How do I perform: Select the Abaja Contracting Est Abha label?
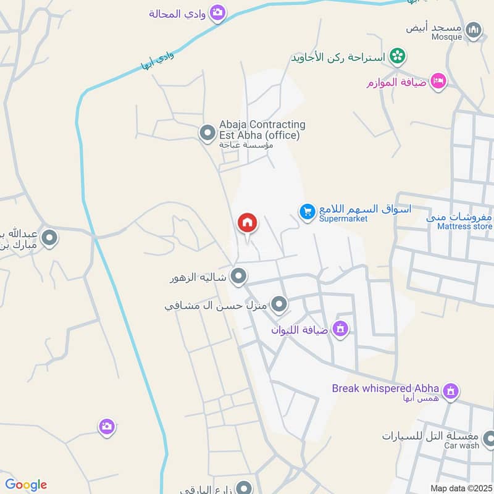pos(262,130)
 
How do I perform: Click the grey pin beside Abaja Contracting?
pos(206,133)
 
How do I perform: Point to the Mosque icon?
pos(473,30)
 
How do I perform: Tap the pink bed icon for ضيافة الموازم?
pos(438,81)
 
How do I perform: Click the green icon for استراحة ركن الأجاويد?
pos(398,57)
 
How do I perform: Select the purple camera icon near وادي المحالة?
pos(217,12)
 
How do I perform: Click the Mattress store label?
pos(464,226)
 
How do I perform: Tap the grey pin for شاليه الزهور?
pos(238,276)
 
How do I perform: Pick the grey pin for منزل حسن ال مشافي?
pos(280,304)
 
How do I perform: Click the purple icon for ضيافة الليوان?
pos(339,329)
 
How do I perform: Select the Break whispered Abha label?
pos(385,388)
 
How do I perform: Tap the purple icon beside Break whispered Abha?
pos(451,391)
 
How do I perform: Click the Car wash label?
pos(461,445)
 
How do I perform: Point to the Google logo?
pos(26,485)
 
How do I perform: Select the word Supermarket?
pos(343,219)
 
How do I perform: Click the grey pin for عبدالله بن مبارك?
pos(49,237)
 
